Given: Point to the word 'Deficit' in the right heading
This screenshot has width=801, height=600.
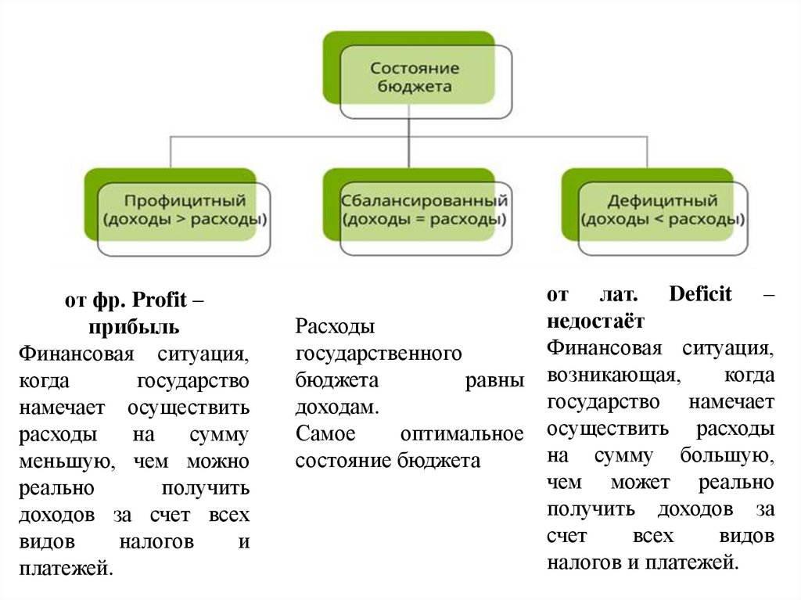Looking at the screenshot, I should (x=700, y=295).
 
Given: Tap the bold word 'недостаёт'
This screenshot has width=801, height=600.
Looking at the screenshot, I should (x=595, y=321).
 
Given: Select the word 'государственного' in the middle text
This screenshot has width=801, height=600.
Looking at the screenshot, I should (x=379, y=354).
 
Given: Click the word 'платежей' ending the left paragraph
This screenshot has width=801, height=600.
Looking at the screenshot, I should (x=63, y=567).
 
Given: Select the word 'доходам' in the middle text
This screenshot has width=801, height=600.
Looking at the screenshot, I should (x=336, y=407).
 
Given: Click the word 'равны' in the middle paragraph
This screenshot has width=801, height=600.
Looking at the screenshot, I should (x=498, y=380).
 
